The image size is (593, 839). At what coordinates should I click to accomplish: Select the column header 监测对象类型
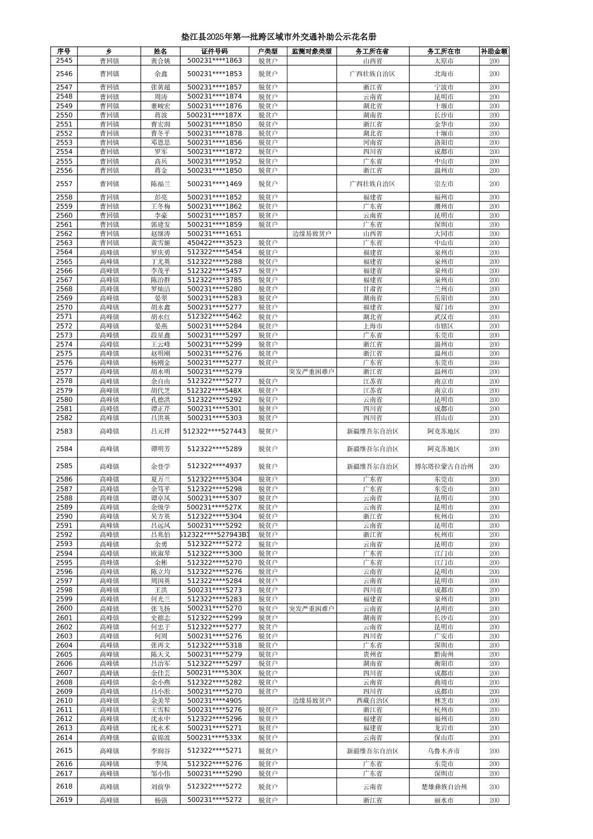pos(311,51)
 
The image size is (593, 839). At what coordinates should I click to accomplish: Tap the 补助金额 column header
pos(494,51)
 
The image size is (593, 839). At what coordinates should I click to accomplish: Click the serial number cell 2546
pos(64,73)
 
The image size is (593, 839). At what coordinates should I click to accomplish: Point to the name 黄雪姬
pos(161,243)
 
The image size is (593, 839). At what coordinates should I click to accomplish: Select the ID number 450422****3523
pos(214,243)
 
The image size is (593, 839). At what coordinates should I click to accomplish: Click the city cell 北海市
pos(443,73)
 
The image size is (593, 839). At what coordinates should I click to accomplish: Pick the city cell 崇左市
pos(443,184)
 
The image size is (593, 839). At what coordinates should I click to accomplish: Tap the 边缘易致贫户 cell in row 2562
pos(311,233)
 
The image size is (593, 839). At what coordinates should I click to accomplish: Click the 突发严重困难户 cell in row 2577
pos(311,371)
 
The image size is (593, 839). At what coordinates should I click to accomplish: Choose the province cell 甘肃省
pos(372,289)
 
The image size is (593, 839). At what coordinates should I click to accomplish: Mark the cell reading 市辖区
pos(443,326)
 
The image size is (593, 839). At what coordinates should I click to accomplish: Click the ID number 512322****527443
pos(214,431)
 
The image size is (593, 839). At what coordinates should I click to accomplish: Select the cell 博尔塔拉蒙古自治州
pos(443,466)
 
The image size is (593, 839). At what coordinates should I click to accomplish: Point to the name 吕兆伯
pos(161,534)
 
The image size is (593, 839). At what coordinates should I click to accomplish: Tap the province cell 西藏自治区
pos(372,700)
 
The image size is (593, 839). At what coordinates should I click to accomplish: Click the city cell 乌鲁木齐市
pos(443,751)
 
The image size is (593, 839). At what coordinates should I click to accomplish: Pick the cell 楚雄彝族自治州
pos(443,787)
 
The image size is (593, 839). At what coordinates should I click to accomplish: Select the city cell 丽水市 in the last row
pos(443,800)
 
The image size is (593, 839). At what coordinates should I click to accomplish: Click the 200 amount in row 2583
pos(494,431)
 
